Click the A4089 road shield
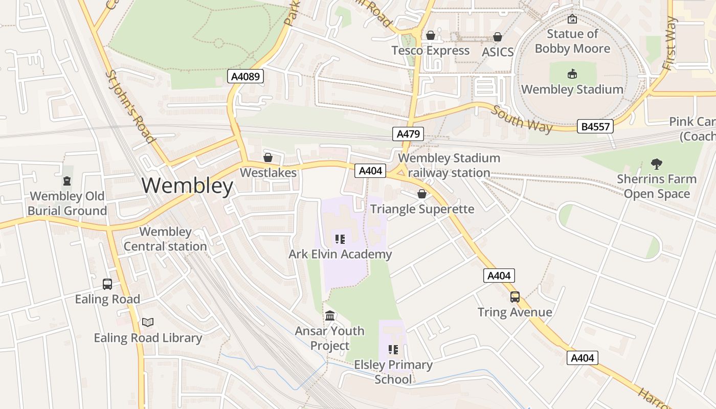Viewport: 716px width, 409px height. pos(245,77)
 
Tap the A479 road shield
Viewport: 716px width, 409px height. pos(408,134)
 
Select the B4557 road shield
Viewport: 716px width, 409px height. pos(595,126)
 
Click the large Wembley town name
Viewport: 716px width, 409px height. pos(187,186)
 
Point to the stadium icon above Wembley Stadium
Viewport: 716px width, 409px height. pos(572,74)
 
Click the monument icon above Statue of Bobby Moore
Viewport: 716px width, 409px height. pos(572,19)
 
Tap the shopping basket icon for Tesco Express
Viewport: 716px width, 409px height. pos(431,35)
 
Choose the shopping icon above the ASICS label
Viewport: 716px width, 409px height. pos(497,37)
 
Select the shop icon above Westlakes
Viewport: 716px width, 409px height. pos(267,157)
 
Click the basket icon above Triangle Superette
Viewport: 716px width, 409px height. pos(422,194)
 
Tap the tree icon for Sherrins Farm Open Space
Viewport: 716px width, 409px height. pos(657,164)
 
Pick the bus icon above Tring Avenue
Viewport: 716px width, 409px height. pos(515,297)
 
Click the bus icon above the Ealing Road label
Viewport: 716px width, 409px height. pos(107,284)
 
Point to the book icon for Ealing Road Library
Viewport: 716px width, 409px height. pos(148,322)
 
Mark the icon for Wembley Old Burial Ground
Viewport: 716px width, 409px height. pos(67,180)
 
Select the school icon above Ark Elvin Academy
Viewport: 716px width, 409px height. pos(340,239)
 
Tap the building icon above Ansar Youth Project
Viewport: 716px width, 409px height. pos(330,315)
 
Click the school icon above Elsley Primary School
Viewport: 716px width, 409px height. pos(393,349)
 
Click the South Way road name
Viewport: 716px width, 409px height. pos(522,119)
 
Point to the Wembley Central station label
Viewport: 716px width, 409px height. pos(165,239)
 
